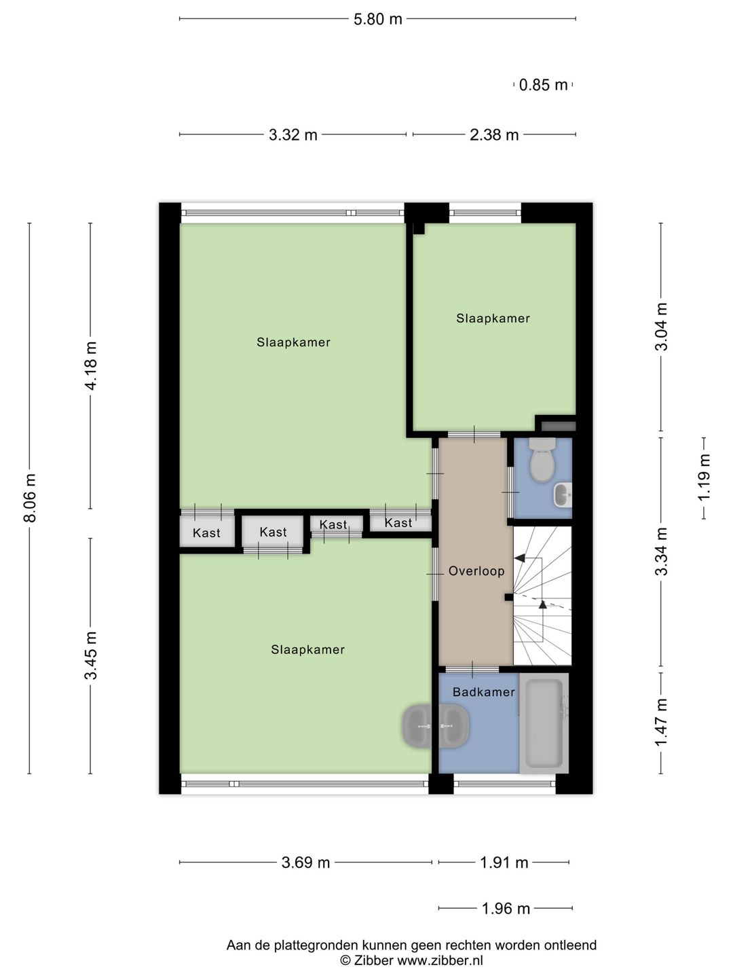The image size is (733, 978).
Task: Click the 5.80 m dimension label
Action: click(377, 19)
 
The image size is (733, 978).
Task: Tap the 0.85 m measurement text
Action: click(543, 85)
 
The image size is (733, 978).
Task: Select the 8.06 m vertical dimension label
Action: click(31, 497)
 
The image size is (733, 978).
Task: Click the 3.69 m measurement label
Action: click(305, 863)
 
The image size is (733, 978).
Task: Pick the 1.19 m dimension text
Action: click(704, 477)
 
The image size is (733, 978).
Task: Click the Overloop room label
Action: click(476, 570)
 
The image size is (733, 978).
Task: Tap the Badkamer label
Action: click(483, 691)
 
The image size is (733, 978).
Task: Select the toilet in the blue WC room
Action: click(542, 459)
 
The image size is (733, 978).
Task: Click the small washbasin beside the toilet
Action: click(563, 494)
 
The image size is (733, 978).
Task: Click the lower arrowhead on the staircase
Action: click(542, 604)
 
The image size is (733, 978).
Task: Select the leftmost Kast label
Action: click(206, 532)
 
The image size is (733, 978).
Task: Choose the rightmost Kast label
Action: click(398, 523)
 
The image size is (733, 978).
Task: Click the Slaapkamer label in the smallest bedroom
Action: click(493, 318)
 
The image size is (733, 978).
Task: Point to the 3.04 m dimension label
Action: click(661, 327)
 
